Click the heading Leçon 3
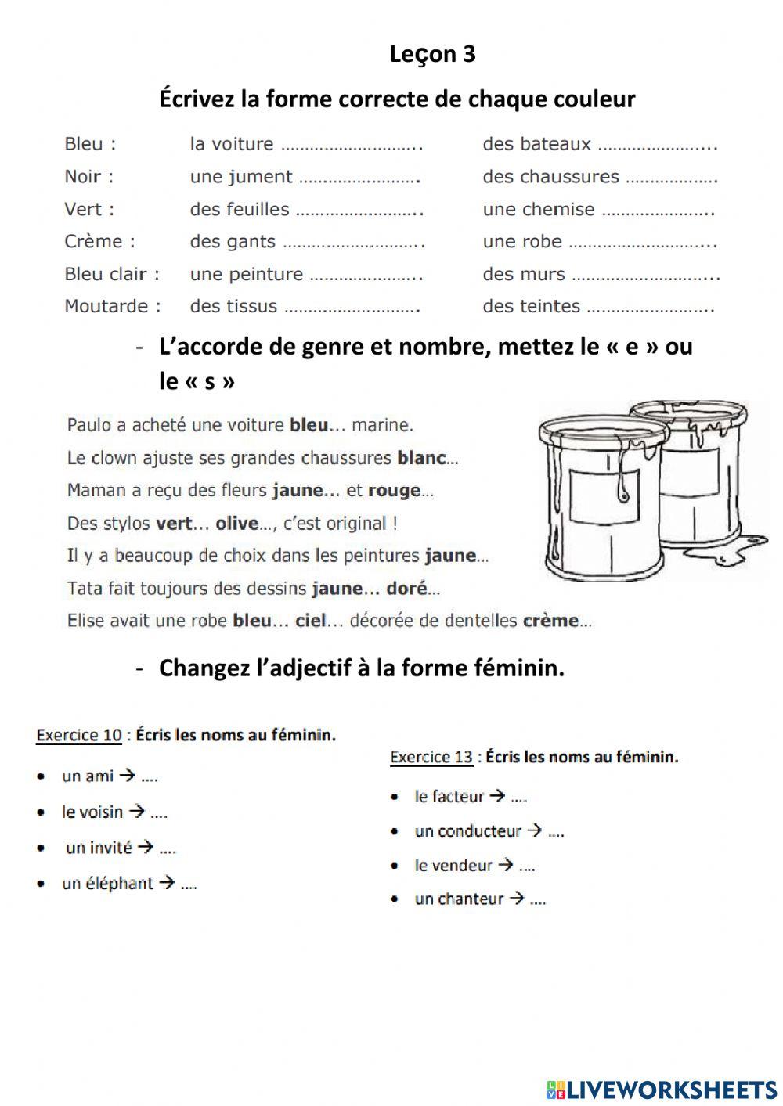pos(432,54)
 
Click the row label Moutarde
pos(112,306)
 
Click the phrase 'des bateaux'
pos(536,144)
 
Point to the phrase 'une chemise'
pos(539,209)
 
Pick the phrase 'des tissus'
pos(233,306)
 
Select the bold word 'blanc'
pos(421,458)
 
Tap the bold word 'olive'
pos(236,524)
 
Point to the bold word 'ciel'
pos(310,621)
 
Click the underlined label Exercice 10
pos(79,735)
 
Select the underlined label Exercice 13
pos(431,757)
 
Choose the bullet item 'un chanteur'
pos(459,899)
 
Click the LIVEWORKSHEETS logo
pos(662,1089)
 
